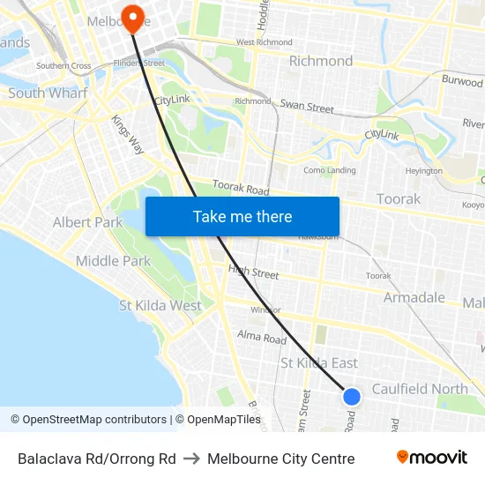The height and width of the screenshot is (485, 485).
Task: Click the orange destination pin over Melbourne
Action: coord(133,18)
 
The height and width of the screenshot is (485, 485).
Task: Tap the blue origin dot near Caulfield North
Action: coord(351,397)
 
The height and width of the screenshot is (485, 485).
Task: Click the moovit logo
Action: coord(431,458)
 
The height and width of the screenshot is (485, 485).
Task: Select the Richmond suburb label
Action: coord(321,61)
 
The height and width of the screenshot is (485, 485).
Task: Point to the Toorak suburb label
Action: coord(399,198)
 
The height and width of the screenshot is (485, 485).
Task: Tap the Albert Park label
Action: coord(87,222)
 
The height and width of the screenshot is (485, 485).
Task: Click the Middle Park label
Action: coord(113,261)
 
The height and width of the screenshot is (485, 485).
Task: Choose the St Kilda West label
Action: coord(160,305)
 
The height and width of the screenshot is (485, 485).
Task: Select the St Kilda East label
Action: coord(319,362)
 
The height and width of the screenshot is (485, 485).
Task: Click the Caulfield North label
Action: coord(420,389)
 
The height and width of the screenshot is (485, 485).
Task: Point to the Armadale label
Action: coord(414,297)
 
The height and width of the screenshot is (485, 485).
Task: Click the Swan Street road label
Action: coord(307,106)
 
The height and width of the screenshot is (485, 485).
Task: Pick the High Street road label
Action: coord(253,272)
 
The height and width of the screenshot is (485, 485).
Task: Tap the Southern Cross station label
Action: coord(63,66)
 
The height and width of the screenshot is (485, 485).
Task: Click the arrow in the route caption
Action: coord(191,459)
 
